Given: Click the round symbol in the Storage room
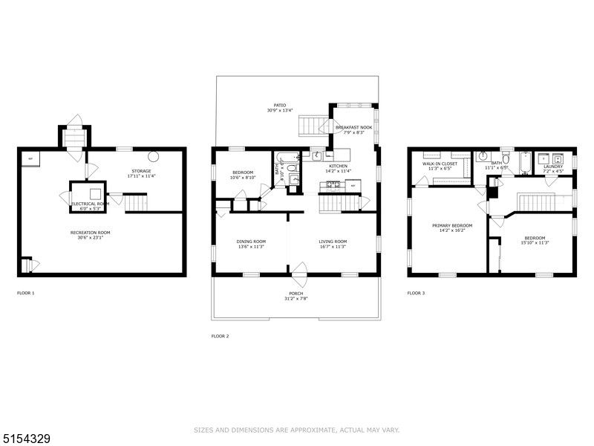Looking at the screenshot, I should (x=154, y=157).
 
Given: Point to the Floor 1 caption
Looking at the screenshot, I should (x=25, y=293).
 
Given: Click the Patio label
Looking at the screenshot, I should (x=280, y=106).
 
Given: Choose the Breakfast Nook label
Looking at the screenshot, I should (x=353, y=127).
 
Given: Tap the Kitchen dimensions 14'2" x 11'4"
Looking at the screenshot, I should (x=338, y=172).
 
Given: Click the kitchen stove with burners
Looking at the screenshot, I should (x=330, y=184).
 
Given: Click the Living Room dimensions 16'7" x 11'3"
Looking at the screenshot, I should (x=333, y=248).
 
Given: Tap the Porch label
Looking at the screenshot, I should (x=296, y=294).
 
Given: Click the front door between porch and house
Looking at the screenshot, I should (x=299, y=274).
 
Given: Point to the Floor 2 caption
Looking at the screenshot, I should (x=221, y=336).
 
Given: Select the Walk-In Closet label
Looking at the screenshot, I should (x=440, y=163).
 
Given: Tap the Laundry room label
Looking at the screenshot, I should (x=553, y=167).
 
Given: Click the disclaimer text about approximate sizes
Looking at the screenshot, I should (x=297, y=430).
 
